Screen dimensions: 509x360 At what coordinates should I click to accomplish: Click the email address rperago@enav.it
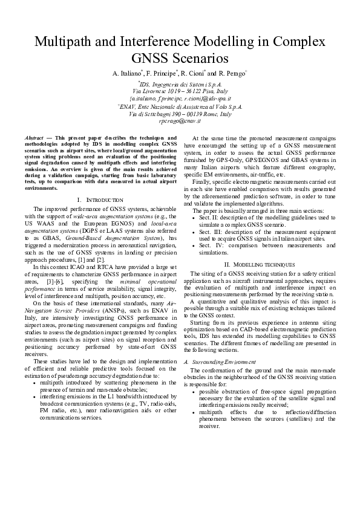pos(180,121)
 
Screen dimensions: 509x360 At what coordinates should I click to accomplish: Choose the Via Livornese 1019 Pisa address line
pos(180,91)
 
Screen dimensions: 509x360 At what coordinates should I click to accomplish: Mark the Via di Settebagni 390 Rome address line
pos(180,113)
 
